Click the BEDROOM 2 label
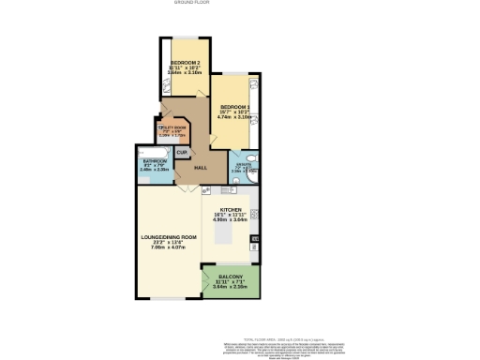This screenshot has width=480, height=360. (172, 62)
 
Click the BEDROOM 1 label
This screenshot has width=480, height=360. (234, 107)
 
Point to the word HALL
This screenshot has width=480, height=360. (200, 167)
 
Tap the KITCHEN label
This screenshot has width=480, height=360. (231, 210)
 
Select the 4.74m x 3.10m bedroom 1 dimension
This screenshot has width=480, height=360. (234, 118)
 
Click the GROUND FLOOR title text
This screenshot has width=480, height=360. (190, 3)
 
